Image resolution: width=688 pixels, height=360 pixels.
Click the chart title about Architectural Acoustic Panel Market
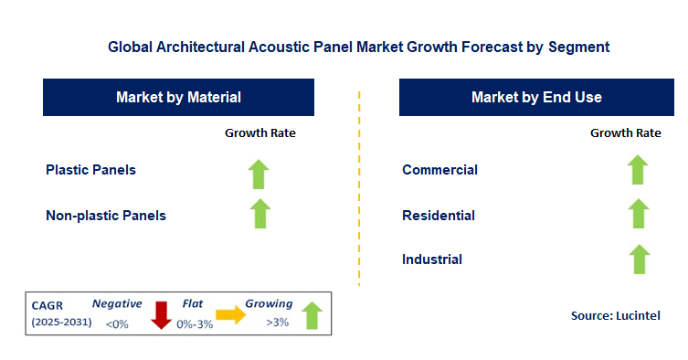358,45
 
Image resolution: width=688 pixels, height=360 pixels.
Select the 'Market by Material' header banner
178,97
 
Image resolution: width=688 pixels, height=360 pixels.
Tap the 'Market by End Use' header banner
536,97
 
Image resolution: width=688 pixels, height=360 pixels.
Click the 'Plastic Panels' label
90,169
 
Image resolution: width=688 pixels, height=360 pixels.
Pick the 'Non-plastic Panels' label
106,216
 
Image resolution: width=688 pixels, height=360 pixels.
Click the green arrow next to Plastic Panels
260,173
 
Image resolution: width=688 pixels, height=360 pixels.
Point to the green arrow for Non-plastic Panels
260,213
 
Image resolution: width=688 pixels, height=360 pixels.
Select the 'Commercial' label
439,169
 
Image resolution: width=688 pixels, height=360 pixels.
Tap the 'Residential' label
439,216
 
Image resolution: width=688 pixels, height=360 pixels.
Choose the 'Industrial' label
432,259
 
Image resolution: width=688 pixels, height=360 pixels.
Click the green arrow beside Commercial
638,169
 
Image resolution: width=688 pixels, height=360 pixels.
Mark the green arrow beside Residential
638,214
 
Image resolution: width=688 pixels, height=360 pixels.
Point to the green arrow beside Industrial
638,259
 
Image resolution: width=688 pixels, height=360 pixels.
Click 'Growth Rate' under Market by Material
260,133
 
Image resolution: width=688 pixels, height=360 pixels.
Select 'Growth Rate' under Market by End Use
626,133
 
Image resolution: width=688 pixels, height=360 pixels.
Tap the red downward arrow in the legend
162,314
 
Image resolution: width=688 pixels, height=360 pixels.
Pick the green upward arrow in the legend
312,314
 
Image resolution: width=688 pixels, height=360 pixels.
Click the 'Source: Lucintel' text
614,315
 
